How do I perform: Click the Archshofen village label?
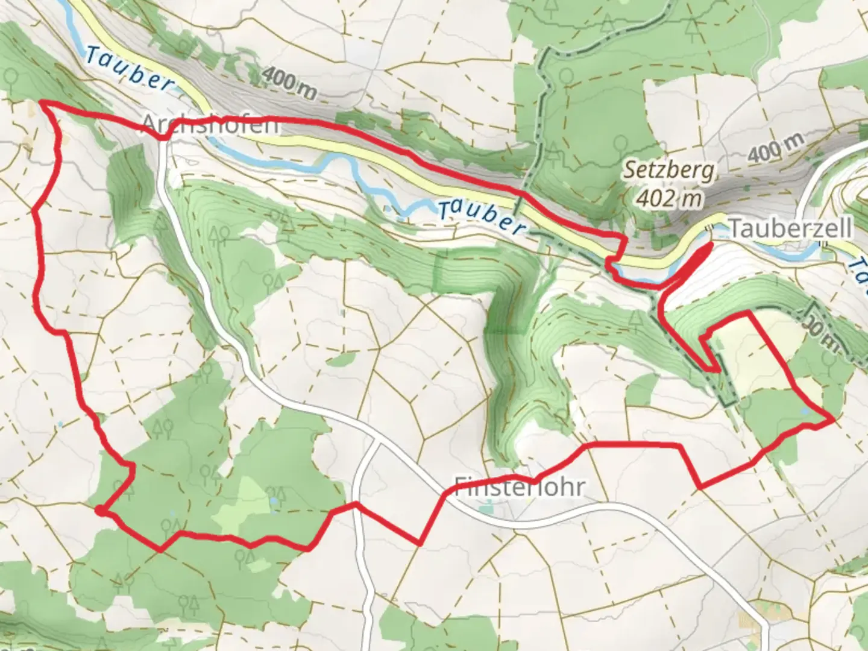(x=210, y=125)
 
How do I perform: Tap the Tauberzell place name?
(x=790, y=229)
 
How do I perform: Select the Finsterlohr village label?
(x=519, y=486)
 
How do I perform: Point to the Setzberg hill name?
(x=670, y=171)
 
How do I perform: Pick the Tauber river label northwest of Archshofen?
(x=128, y=71)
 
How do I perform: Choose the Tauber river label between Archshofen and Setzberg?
(x=480, y=217)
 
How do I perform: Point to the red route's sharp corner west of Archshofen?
(x=42, y=104)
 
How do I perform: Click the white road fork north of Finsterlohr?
(x=375, y=442)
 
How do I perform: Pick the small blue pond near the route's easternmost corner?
(x=805, y=411)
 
